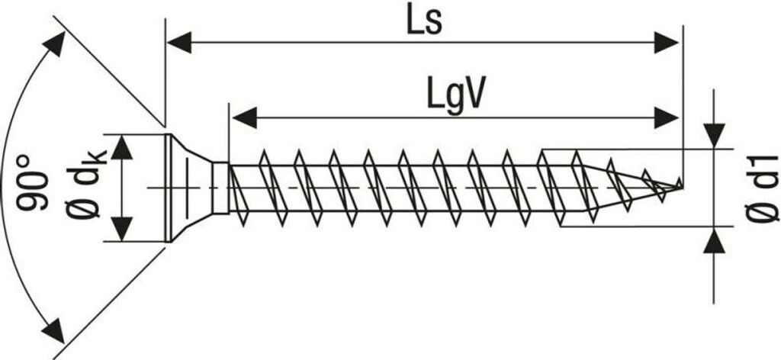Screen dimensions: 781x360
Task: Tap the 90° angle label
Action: coord(35,182)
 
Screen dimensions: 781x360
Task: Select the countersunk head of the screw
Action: coord(187,188)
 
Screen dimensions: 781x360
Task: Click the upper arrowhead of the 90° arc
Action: coord(54,45)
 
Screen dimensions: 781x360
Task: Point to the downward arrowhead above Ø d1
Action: coord(714,136)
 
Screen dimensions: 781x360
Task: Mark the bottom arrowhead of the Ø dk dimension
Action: coord(122,228)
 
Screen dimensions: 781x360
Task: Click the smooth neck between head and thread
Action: coord(220,188)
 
